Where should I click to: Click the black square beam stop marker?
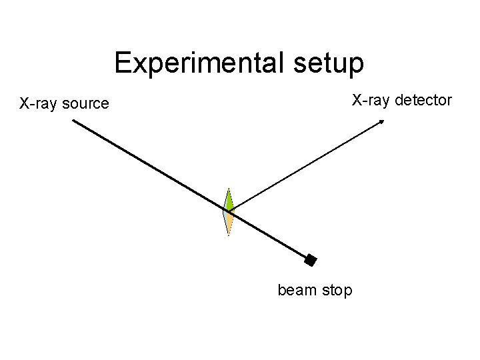310,261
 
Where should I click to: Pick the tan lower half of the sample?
229,222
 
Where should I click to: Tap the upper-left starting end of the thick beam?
73,121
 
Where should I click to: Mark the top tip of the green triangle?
229,189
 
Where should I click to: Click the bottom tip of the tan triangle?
229,235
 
